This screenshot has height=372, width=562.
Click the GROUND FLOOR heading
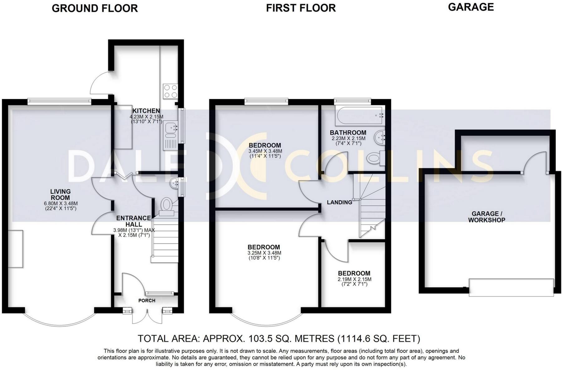point(95,8)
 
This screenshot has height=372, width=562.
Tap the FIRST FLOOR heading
point(301,8)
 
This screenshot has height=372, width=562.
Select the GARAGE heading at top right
point(471,7)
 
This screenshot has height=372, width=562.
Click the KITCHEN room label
point(146,111)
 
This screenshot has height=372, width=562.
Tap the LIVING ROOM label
point(61,195)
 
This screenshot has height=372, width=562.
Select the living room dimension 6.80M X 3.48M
point(61,203)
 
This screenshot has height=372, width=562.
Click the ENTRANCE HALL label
point(133,221)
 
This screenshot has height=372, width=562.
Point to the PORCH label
point(147,300)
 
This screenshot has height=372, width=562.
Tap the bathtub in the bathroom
point(359,115)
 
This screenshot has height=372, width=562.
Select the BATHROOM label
point(348,132)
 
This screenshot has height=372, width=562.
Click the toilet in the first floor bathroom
point(374,158)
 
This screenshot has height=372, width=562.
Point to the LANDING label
point(339,202)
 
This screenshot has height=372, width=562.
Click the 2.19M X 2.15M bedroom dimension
point(354,279)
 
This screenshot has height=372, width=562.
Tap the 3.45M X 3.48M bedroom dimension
point(265,151)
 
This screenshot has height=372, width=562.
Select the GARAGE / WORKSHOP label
point(487,217)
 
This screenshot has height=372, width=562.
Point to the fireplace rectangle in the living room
point(16,249)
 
